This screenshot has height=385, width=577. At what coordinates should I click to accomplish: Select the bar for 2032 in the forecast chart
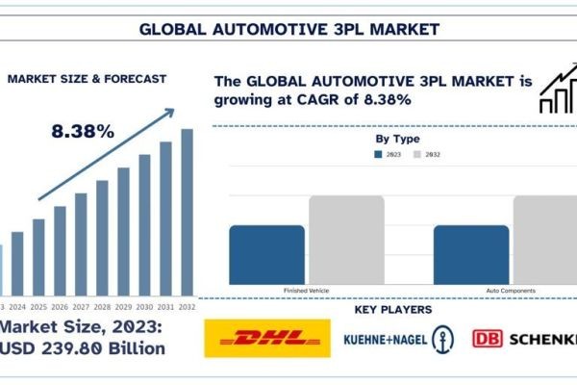click(187, 212)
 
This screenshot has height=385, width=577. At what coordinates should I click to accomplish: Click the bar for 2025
click(38, 256)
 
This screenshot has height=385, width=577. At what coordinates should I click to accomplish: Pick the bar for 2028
click(102, 237)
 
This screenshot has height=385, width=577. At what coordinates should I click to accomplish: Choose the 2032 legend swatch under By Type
click(417, 153)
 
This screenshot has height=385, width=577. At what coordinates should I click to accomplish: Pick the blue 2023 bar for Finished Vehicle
click(266, 254)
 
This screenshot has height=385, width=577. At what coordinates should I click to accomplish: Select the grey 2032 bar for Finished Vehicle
click(346, 240)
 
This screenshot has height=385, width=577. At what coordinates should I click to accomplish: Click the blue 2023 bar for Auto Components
click(470, 254)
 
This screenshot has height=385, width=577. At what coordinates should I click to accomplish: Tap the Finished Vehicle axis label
click(307, 291)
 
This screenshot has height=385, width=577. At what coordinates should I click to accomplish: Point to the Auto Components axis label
click(511, 291)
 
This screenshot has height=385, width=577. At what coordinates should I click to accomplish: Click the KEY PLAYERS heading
click(393, 310)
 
